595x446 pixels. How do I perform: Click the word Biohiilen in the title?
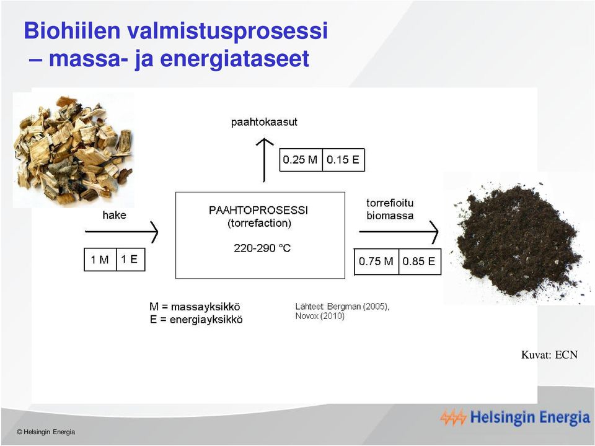click(72, 30)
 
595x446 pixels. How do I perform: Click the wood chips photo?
click(74, 150)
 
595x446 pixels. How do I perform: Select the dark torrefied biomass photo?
click(518, 238)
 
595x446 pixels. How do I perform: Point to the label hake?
click(114, 215)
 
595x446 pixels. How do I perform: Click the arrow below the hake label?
click(121, 231)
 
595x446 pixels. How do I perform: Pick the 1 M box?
click(100, 260)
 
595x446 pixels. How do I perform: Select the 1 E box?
click(130, 260)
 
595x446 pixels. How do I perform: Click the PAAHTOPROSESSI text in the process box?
click(258, 210)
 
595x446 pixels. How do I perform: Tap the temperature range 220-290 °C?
click(262, 248)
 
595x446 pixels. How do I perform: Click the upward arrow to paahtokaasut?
click(264, 160)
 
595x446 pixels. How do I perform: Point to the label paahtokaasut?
click(264, 122)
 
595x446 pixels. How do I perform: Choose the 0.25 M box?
click(301, 160)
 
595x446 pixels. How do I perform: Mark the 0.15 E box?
click(343, 160)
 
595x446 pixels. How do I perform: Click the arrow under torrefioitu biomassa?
click(399, 231)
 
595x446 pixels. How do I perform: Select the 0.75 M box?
click(376, 261)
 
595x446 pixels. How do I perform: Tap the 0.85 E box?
click(420, 261)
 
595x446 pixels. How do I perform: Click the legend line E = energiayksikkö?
click(196, 320)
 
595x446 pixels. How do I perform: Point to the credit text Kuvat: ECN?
click(549, 355)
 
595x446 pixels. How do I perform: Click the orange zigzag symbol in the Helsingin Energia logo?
click(453, 418)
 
